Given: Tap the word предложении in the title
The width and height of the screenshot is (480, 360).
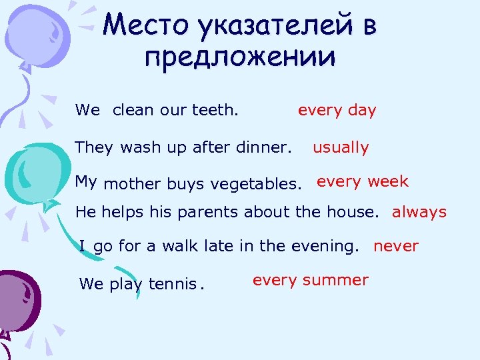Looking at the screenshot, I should (239, 58).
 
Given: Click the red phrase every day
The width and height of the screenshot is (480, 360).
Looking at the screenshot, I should (337, 111).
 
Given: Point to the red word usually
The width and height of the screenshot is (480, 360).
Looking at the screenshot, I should (341, 147).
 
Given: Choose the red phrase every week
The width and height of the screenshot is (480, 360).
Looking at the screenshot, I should (363, 181).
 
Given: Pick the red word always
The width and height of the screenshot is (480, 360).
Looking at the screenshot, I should (419, 213).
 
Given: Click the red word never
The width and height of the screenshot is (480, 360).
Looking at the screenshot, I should (396, 246).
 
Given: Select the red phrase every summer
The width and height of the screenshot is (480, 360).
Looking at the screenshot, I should (310, 280).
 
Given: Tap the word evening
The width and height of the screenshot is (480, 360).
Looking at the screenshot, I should (325, 246).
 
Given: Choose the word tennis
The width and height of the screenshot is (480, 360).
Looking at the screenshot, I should (172, 284).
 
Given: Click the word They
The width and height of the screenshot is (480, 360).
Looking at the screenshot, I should (95, 147).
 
